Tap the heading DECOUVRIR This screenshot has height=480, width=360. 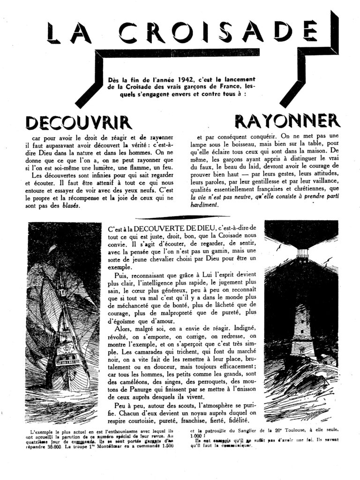pyautogui.click(x=78, y=122)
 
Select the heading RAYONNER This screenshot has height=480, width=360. pyautogui.click(x=287, y=120)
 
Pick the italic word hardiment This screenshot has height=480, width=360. pyautogui.click(x=204, y=205)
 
